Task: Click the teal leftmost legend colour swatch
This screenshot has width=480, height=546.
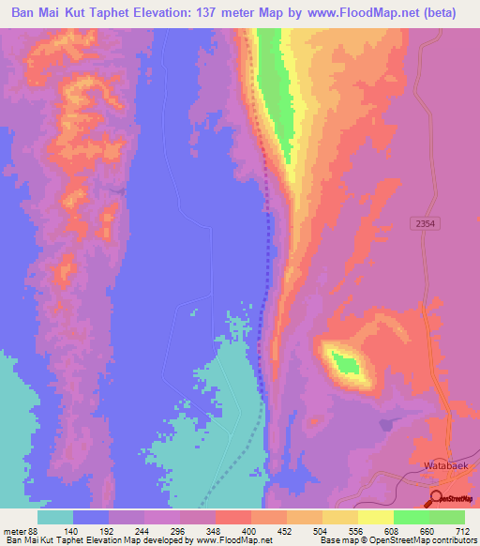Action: [55, 517]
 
